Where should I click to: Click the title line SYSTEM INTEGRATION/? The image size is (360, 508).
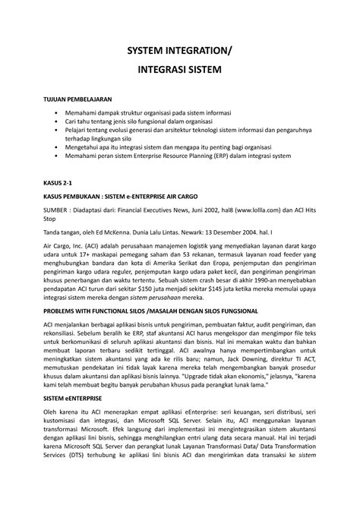(179, 51)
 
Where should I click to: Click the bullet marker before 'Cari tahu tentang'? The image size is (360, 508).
(56, 121)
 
